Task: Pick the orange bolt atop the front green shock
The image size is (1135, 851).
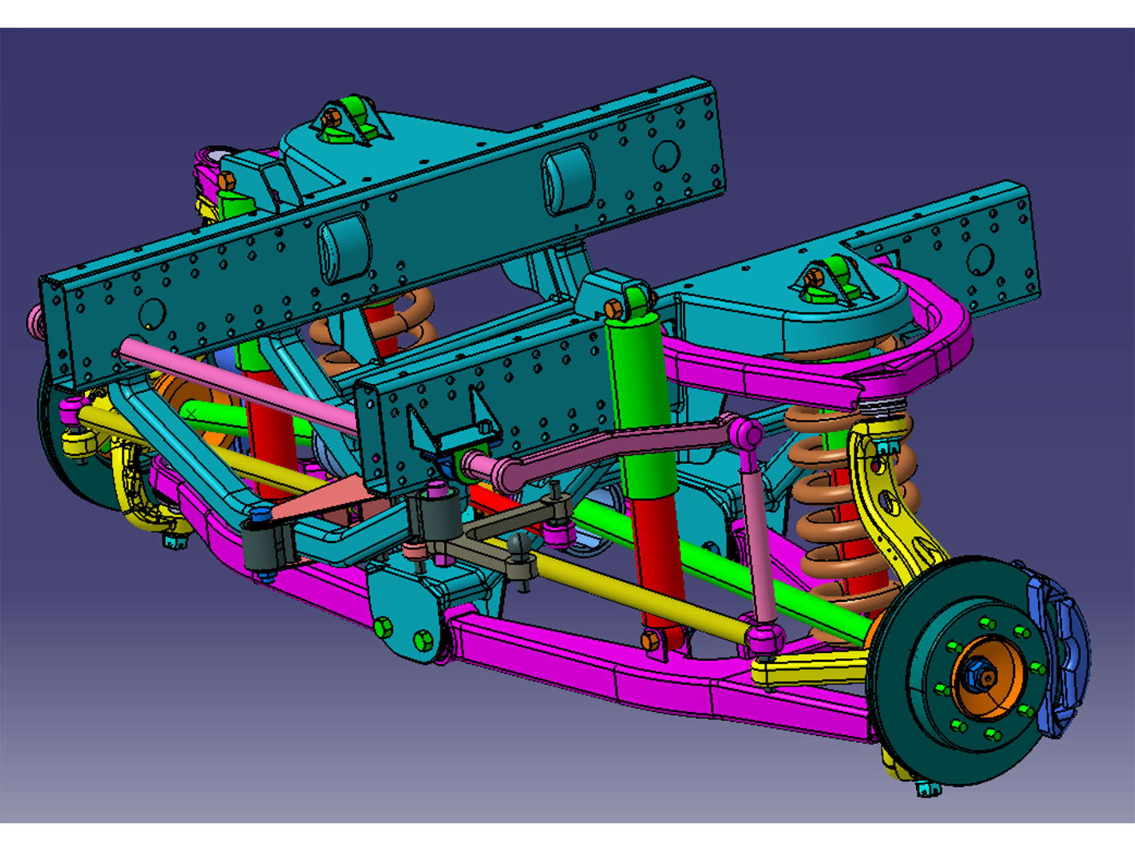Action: [x=613, y=309]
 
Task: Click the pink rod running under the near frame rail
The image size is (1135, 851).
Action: [x=240, y=384]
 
